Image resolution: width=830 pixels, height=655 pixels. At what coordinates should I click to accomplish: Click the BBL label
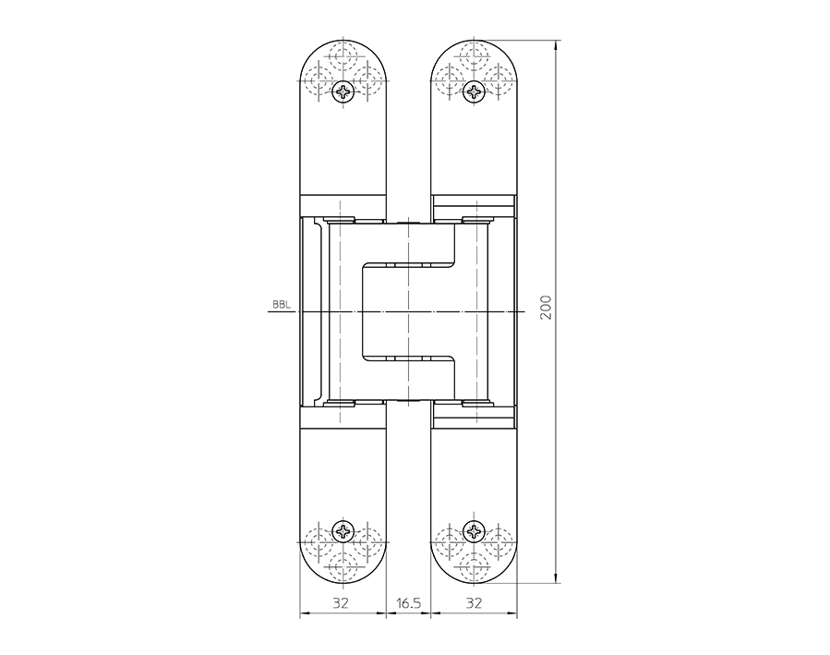(280, 304)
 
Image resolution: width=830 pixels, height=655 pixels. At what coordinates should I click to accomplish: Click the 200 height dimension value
(546, 308)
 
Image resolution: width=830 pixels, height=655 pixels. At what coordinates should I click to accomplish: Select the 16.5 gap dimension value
(408, 603)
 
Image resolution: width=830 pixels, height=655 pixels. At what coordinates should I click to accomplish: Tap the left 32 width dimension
(342, 603)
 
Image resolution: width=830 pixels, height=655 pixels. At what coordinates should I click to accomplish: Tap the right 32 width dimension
(475, 603)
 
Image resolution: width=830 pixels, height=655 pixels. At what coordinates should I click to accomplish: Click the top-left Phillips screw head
(343, 91)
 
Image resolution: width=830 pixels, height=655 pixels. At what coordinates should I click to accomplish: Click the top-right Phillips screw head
(475, 91)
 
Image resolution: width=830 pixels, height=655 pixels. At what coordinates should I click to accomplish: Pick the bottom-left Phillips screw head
(343, 531)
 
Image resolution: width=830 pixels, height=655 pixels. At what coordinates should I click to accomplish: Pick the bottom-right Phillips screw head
(475, 531)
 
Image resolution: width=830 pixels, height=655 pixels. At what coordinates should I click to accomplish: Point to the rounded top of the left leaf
(343, 46)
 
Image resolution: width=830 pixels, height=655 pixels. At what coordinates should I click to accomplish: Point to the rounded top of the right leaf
(475, 46)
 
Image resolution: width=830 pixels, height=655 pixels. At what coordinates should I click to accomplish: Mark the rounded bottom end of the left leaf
(343, 577)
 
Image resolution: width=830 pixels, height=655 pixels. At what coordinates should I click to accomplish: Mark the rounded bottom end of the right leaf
(475, 577)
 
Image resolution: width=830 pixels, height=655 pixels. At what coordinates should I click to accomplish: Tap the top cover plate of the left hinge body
(343, 204)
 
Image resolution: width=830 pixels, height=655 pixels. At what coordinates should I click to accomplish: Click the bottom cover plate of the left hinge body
(343, 418)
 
